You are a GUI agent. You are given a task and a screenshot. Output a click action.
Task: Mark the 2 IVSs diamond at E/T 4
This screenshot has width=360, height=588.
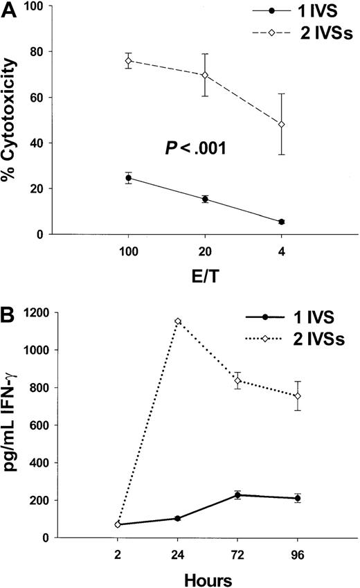pyautogui.click(x=262, y=125)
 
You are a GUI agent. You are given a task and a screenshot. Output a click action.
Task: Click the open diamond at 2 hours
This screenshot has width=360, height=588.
pyautogui.click(x=118, y=524)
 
